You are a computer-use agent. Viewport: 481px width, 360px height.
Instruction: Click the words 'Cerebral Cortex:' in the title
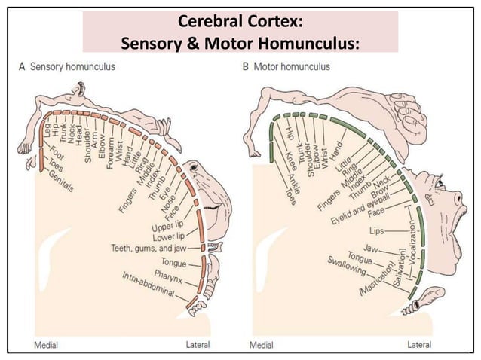click(240, 20)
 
